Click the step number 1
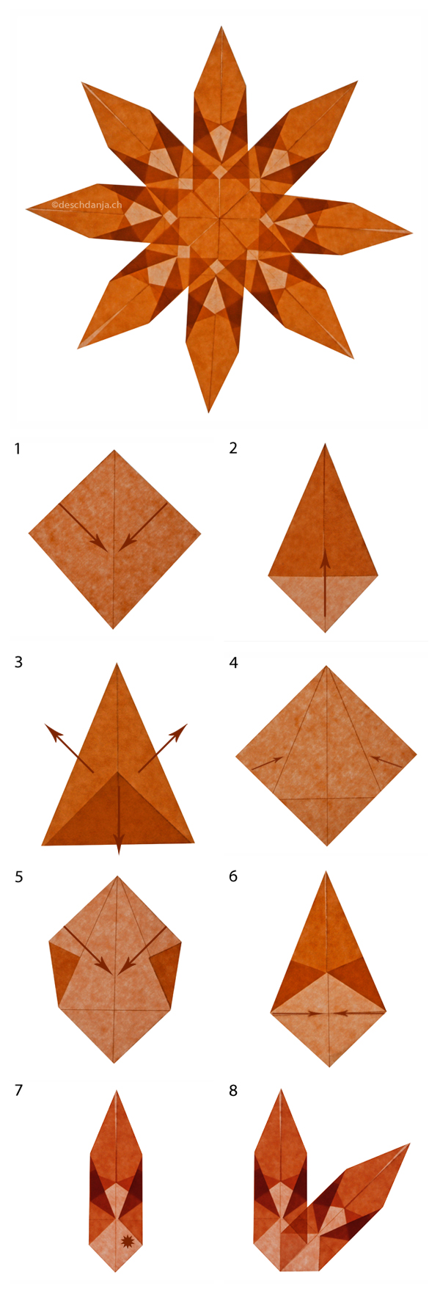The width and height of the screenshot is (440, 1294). tap(17, 448)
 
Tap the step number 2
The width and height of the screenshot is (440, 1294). tap(233, 448)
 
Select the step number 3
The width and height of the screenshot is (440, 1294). tap(18, 662)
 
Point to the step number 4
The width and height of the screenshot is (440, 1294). tap(233, 662)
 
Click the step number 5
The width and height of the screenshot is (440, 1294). tap(18, 876)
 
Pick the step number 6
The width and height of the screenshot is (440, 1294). tap(233, 876)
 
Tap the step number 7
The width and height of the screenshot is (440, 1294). tap(18, 1091)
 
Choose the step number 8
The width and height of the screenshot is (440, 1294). tap(233, 1091)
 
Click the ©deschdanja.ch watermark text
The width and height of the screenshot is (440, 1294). tap(87, 205)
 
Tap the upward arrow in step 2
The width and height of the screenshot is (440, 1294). tap(325, 580)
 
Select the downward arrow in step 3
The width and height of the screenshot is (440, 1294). tap(119, 815)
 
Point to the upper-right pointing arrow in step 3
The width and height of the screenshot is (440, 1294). tap(164, 746)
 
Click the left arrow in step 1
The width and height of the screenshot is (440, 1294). tap(82, 526)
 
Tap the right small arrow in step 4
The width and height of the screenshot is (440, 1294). tap(386, 761)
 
